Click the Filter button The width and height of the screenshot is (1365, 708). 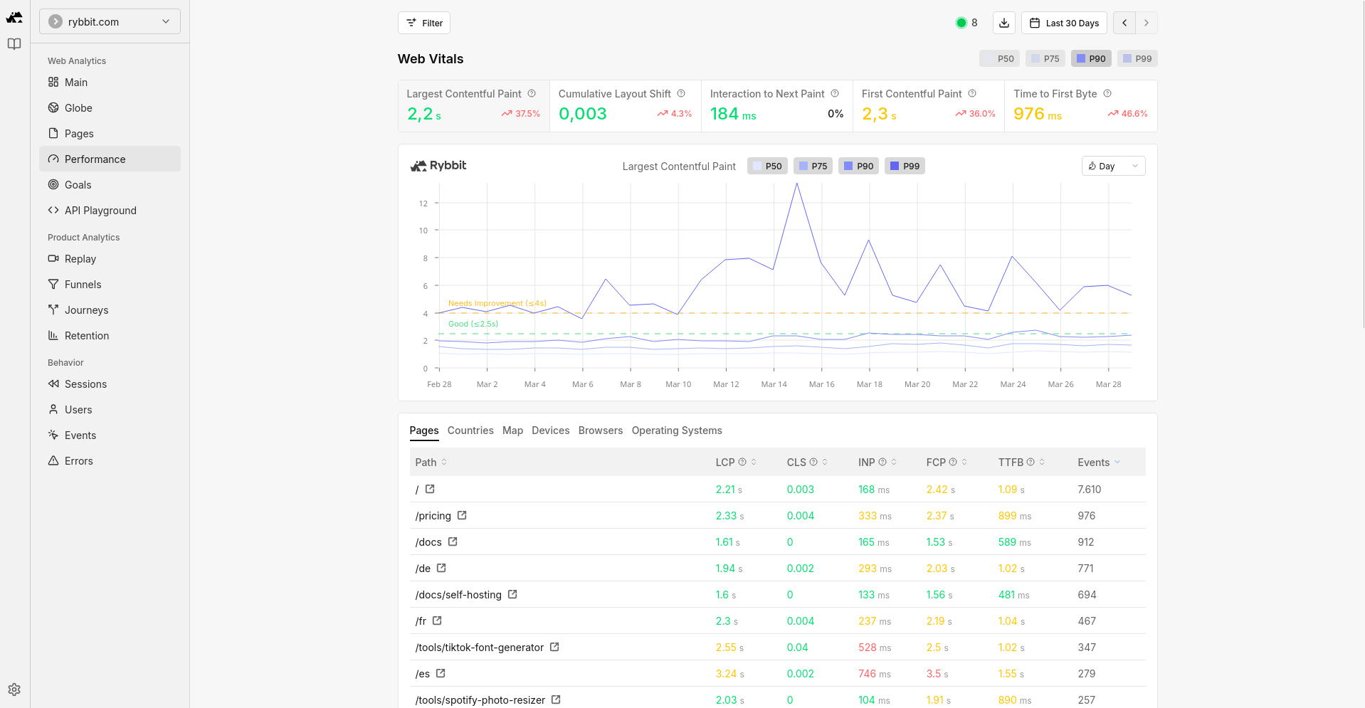(x=424, y=23)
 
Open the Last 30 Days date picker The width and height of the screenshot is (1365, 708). (x=1064, y=23)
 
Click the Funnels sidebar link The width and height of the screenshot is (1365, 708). (x=83, y=285)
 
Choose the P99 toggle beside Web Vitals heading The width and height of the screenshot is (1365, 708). (x=1137, y=58)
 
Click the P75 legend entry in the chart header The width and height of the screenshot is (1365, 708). (x=813, y=166)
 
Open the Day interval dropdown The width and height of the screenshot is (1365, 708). (x=1113, y=166)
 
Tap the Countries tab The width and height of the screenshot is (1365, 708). (x=470, y=430)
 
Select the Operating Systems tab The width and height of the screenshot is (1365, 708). (x=677, y=430)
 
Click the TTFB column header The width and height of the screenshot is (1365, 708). (x=1011, y=463)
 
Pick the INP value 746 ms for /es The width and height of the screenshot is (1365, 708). (x=874, y=674)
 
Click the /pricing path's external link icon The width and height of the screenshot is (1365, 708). (x=462, y=515)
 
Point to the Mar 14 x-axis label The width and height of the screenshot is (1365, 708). (x=774, y=384)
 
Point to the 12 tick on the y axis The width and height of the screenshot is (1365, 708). (x=423, y=204)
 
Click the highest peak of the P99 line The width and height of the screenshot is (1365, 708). (x=797, y=184)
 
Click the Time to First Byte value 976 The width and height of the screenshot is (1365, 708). (x=1029, y=114)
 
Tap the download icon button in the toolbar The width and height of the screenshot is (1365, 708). (x=1004, y=23)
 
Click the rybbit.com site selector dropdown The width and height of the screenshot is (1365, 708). (x=110, y=21)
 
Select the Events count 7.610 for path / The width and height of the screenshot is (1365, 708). (x=1089, y=490)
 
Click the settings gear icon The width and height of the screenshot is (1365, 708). (x=14, y=689)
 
